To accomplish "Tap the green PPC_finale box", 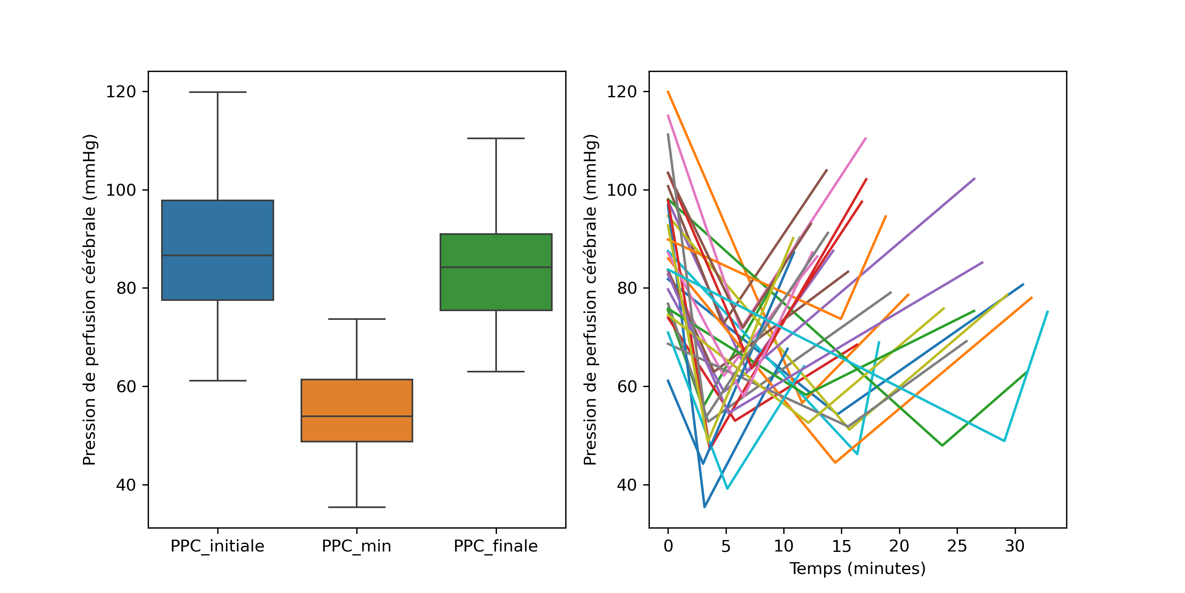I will (496, 290).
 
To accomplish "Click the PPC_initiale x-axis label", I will (218, 546).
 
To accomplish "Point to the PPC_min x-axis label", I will (357, 546).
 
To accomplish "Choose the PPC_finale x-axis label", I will (496, 546).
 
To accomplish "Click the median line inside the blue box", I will (218, 255).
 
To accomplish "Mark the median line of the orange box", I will (357, 416).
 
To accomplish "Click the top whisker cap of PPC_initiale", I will (218, 92).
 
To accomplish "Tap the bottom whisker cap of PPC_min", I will (357, 507).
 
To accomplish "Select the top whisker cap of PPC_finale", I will (496, 138).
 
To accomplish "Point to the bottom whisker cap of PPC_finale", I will (496, 372).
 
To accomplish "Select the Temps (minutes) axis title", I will (858, 568).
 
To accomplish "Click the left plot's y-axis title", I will (89, 299).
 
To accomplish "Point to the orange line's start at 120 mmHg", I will (668, 92).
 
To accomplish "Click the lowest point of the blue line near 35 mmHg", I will (705, 507).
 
